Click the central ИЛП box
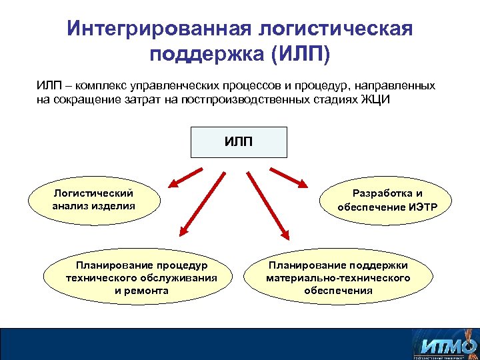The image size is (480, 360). (x=239, y=142)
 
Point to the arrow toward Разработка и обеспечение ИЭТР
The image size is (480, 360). (x=290, y=177)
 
